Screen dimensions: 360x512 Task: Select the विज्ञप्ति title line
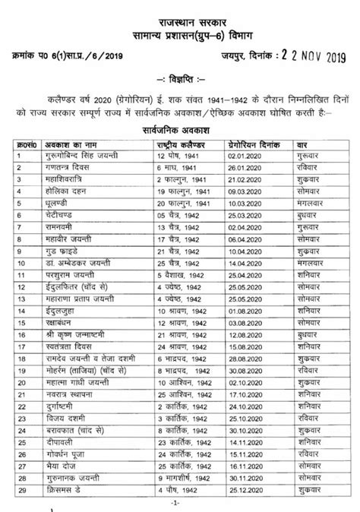tap(179, 80)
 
